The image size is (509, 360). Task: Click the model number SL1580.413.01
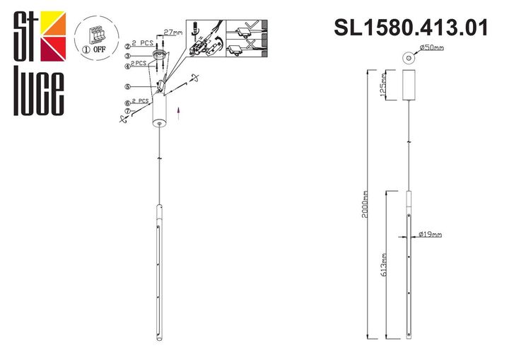(x=411, y=28)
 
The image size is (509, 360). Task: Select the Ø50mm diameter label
(x=431, y=48)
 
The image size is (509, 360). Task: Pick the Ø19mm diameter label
(x=430, y=233)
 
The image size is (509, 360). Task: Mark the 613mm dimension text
(x=382, y=264)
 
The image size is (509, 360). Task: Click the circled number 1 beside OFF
(x=86, y=50)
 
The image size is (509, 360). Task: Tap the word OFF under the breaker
(x=101, y=50)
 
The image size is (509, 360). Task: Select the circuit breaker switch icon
(x=96, y=35)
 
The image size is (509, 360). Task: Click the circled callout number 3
(x=128, y=56)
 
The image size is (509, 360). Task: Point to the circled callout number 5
(x=128, y=87)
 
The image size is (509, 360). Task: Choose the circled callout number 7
(x=128, y=111)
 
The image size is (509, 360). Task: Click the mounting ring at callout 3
(x=158, y=56)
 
